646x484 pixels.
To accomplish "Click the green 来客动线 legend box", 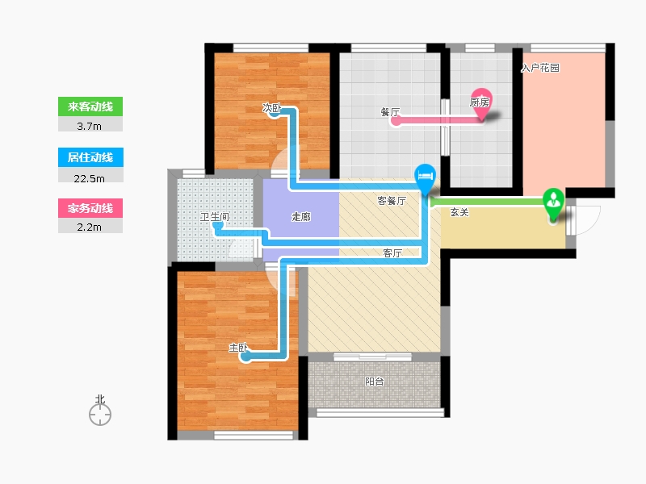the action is coord(90,106).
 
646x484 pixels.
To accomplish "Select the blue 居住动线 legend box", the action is coord(90,157).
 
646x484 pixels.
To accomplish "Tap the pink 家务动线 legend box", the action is coord(90,208).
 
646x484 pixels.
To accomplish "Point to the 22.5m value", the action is coord(89,178).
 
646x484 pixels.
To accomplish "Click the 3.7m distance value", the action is coord(89,127).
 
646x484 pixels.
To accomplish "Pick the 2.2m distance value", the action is coord(89,227).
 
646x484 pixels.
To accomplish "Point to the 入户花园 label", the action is coord(540,68).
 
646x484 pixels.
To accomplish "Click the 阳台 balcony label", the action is coord(374,382).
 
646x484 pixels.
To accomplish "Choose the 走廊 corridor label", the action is coord(300,216).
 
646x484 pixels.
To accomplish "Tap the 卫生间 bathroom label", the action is coord(214,216).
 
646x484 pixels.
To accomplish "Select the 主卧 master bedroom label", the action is coord(238,348).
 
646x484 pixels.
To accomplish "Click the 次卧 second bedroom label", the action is coord(272,108).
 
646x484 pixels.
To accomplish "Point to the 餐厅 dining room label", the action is coord(390,112).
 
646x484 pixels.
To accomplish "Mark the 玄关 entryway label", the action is coord(459,212).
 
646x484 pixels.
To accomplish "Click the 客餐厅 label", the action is coord(392,200).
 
